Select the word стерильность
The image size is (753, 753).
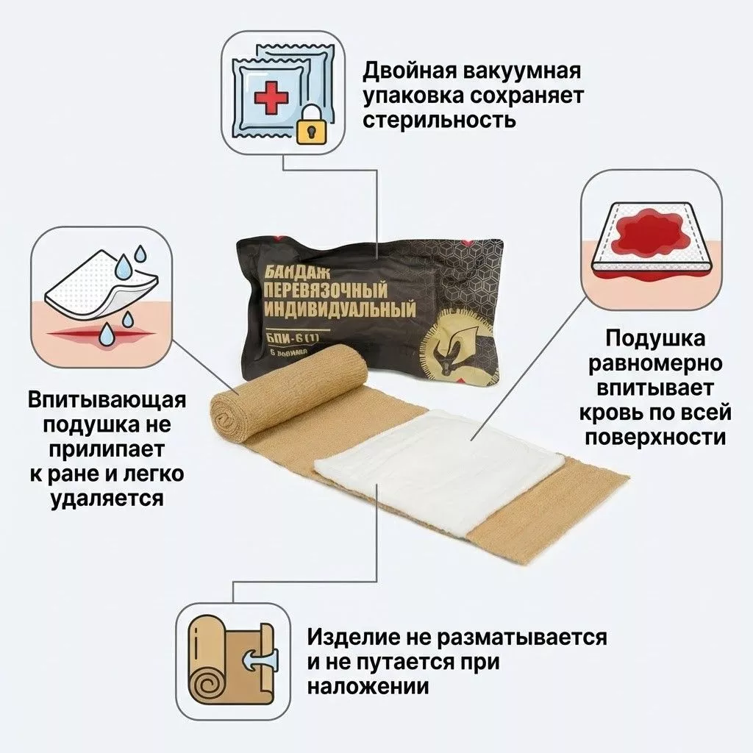click(x=438, y=119)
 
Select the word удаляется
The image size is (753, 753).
click(x=107, y=498)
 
